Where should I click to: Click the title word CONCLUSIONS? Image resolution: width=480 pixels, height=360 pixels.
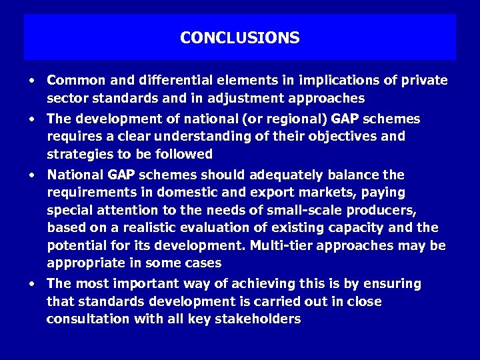[239, 38]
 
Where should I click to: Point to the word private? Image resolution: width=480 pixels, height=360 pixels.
[425, 81]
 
